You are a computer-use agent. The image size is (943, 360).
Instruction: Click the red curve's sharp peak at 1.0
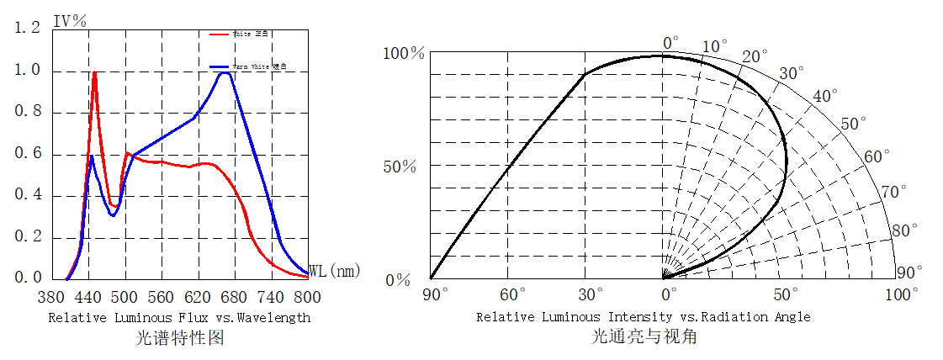[94, 72]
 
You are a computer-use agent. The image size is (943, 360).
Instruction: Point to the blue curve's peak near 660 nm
[225, 73]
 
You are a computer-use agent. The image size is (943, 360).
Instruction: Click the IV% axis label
[70, 21]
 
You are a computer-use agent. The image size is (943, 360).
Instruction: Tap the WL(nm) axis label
[334, 271]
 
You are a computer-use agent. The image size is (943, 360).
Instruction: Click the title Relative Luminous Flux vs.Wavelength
[179, 318]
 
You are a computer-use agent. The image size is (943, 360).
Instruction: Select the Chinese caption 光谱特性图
[179, 338]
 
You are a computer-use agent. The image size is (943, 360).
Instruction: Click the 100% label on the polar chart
[405, 54]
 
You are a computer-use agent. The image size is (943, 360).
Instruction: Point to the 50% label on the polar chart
[399, 166]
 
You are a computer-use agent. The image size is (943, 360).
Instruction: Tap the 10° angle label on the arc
[715, 45]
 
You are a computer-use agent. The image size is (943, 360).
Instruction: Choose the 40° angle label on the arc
[825, 96]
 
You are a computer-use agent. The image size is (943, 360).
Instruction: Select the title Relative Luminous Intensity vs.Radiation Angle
[644, 317]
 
